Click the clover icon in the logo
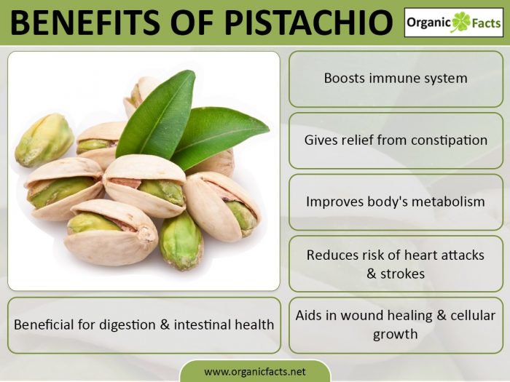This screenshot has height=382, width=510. (x=460, y=22)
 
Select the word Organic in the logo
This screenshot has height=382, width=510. (x=430, y=23)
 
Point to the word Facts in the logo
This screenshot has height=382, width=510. (x=485, y=23)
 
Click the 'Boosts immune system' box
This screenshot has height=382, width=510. (x=396, y=78)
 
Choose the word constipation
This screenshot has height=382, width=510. (x=447, y=140)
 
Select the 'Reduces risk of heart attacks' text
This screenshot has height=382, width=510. (x=396, y=255)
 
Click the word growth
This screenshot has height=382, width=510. (x=396, y=335)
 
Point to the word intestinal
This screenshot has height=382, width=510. (x=203, y=325)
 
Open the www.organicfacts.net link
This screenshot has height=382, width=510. (x=255, y=371)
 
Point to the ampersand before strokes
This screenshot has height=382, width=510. (x=374, y=274)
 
